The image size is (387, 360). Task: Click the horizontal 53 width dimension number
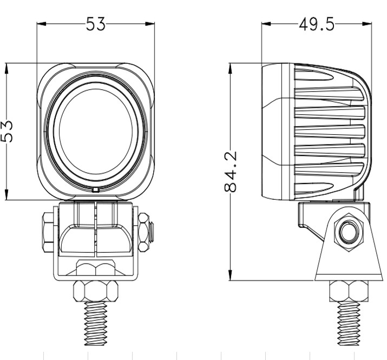click(x=95, y=24)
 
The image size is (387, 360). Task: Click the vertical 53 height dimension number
click(x=6, y=132)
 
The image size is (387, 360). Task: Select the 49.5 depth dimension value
click(x=317, y=24)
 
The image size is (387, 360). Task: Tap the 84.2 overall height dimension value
click(x=231, y=172)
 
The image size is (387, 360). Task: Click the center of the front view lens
click(x=96, y=131)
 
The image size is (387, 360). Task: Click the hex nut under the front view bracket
click(x=96, y=291)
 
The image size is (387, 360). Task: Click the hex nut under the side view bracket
click(x=349, y=291)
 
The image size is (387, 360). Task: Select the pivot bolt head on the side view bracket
click(x=348, y=232)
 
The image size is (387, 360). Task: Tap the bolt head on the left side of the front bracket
click(x=48, y=232)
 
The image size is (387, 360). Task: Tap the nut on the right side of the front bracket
click(x=144, y=232)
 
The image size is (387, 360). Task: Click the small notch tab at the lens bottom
click(x=96, y=190)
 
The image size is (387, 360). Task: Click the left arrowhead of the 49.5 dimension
click(x=266, y=24)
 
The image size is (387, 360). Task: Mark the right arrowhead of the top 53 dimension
click(x=150, y=24)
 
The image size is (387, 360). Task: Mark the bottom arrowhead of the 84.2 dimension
click(x=231, y=276)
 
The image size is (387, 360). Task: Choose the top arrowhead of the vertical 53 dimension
click(x=6, y=68)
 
